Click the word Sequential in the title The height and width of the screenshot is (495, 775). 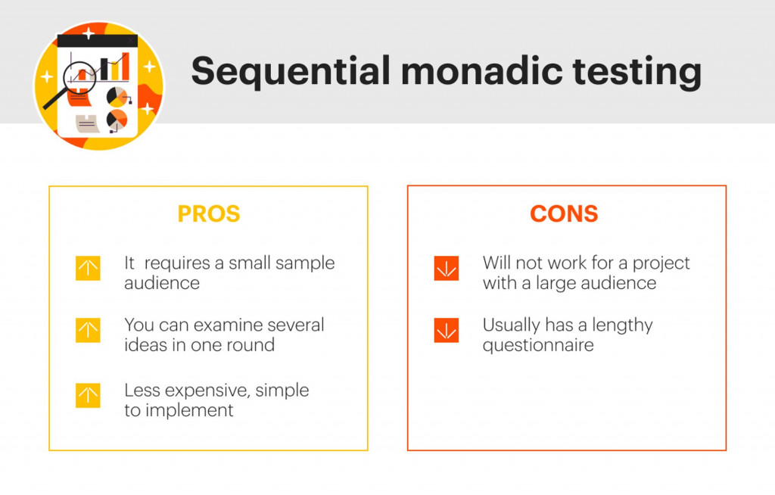click(x=288, y=72)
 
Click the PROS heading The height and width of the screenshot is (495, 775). click(x=209, y=214)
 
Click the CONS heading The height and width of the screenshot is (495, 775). click(x=564, y=214)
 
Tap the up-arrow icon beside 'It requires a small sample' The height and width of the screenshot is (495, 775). click(x=88, y=269)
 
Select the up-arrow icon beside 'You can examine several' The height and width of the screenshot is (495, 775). click(x=88, y=331)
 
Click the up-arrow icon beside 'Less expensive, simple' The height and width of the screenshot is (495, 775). click(x=88, y=396)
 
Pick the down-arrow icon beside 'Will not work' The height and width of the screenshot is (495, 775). click(x=447, y=269)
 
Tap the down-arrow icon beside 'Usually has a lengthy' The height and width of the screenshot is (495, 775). click(x=447, y=331)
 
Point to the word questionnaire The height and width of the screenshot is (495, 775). click(x=538, y=345)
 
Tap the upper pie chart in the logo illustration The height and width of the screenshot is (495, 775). click(x=117, y=97)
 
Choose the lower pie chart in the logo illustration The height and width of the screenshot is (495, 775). click(x=117, y=120)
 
